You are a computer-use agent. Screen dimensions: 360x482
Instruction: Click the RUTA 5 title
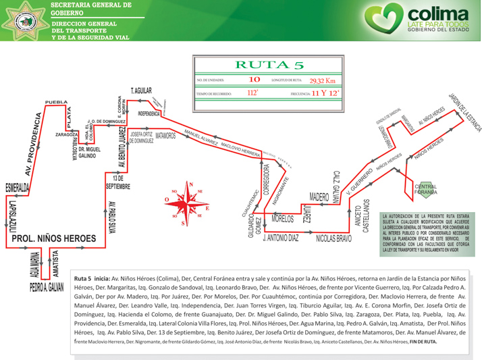coord(267,66)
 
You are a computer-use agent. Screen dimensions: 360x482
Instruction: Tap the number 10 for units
coord(255,80)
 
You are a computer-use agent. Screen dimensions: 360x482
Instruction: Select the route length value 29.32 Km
coord(322,80)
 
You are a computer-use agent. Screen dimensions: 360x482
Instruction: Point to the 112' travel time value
coord(252,93)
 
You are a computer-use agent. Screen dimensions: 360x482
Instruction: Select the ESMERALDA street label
coord(15,186)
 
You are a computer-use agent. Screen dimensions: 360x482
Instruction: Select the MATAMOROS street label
coord(165,136)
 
